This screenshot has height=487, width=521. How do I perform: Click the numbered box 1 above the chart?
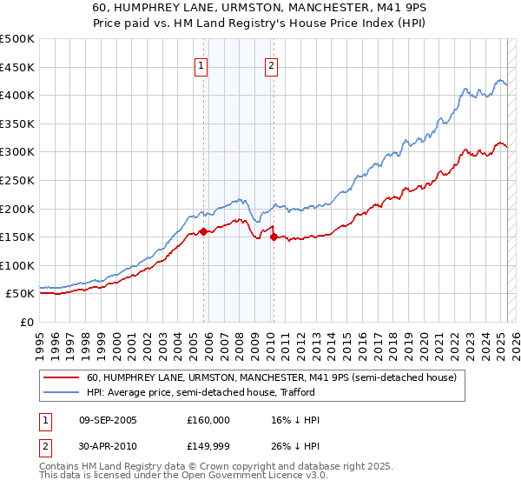(x=201, y=64)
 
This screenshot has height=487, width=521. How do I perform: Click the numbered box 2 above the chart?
(x=271, y=64)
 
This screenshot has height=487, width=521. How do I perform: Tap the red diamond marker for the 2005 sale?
(x=203, y=231)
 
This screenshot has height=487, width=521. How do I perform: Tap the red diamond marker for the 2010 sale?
(x=274, y=237)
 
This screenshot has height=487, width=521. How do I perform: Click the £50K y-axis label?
(x=21, y=294)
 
